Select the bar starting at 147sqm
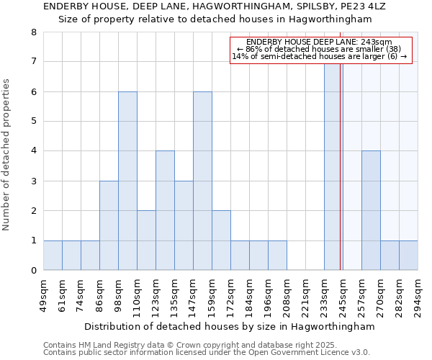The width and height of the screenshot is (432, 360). click(x=202, y=181)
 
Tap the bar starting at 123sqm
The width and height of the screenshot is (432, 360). click(x=165, y=210)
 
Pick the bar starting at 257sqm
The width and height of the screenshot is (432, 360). click(x=371, y=210)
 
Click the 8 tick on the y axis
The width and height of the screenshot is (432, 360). click(x=33, y=32)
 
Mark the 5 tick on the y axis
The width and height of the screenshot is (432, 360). click(x=33, y=122)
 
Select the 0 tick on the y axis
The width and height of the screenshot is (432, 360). click(x=33, y=271)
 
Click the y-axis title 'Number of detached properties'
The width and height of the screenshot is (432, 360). click(x=7, y=156)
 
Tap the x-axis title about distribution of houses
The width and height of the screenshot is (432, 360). click(x=230, y=326)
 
